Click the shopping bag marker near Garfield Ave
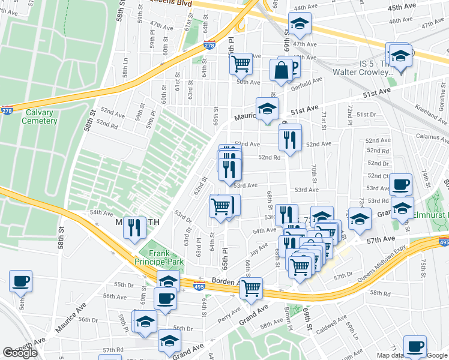[281, 70]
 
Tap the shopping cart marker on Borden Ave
[251, 287]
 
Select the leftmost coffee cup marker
[20, 281]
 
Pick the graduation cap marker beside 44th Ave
[298, 24]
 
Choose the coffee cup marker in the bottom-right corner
[415, 346]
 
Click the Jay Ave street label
[259, 248]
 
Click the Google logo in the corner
[20, 353]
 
